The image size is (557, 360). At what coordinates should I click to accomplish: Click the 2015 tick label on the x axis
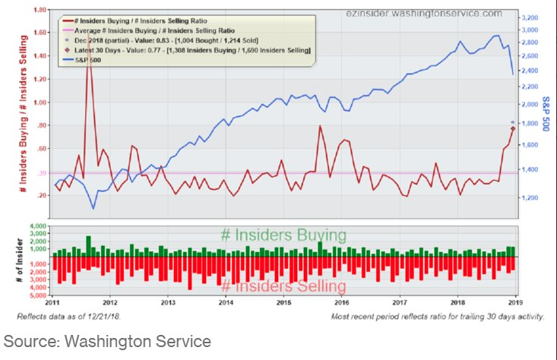tap(284, 303)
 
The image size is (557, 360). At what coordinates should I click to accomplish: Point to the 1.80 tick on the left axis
tap(36, 10)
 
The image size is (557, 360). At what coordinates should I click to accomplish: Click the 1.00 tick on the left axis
tap(36, 103)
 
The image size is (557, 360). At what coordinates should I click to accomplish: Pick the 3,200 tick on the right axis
tap(530, 16)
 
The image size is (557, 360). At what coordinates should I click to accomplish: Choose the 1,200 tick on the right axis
tap(530, 197)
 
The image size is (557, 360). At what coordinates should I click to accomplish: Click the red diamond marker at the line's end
tap(513, 128)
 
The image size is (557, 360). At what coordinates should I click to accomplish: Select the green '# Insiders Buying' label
tap(283, 235)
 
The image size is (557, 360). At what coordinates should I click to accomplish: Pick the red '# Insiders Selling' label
tap(283, 286)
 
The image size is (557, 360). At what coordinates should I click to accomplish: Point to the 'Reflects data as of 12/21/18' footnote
tap(87, 315)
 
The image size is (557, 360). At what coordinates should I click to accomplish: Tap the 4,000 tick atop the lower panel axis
tap(38, 227)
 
